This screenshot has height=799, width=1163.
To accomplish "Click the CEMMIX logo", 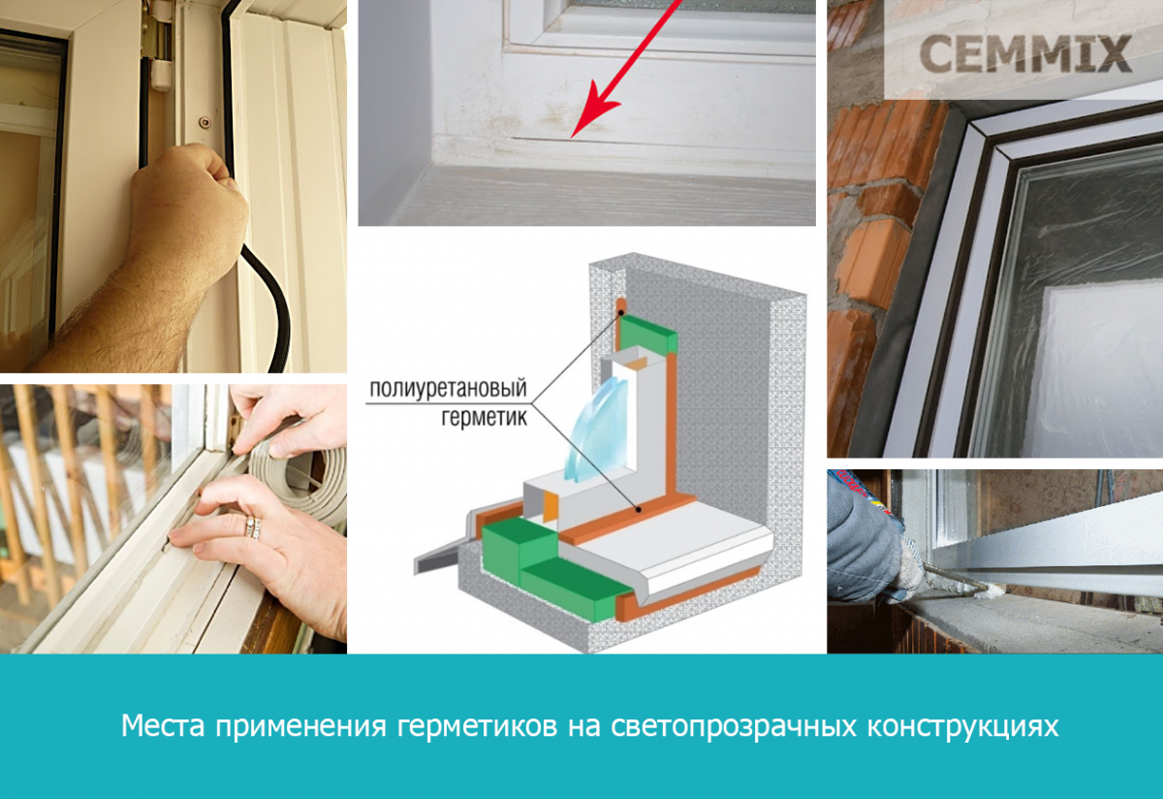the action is [1025, 53].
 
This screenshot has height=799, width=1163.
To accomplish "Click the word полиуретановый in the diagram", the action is [448, 389].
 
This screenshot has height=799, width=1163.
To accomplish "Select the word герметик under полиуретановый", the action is [484, 417].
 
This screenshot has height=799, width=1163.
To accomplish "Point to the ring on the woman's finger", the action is [253, 527].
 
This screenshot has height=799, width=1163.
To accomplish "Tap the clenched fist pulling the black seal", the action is [187, 208].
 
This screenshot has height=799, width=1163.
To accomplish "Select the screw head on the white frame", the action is [205, 122].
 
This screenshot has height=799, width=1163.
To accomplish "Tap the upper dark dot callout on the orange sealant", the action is [621, 312].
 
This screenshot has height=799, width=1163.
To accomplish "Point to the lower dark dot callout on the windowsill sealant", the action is [639, 510].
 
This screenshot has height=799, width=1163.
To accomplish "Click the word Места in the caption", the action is [163, 725].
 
